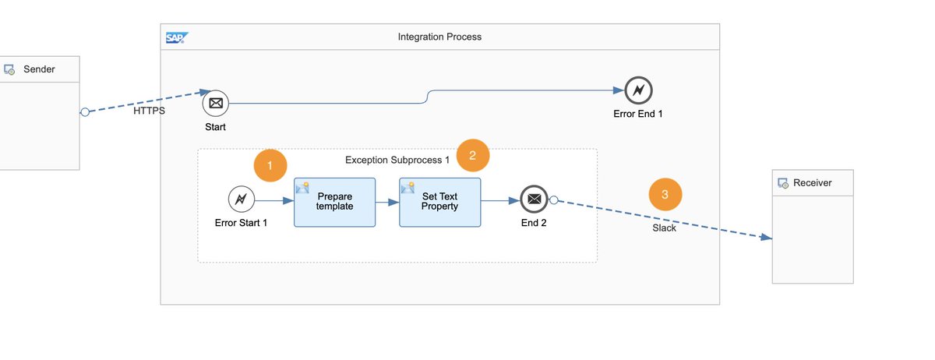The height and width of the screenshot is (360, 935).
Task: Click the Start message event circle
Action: pyautogui.click(x=216, y=103)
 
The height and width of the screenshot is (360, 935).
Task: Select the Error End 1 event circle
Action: pyautogui.click(x=638, y=90)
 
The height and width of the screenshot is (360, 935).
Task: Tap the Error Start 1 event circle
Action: pyautogui.click(x=242, y=199)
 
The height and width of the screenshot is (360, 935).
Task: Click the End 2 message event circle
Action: pyautogui.click(x=534, y=199)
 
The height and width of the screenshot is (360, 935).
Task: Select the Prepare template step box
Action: pyautogui.click(x=334, y=202)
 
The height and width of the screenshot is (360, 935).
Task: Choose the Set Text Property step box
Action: pyautogui.click(x=439, y=202)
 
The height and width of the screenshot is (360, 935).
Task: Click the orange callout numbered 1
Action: pyautogui.click(x=270, y=165)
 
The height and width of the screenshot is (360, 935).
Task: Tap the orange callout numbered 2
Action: pyautogui.click(x=472, y=155)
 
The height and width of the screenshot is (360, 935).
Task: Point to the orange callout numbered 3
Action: pyautogui.click(x=665, y=195)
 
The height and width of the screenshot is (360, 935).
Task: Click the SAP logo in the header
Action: pyautogui.click(x=177, y=37)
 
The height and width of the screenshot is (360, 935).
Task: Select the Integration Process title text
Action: pyautogui.click(x=439, y=37)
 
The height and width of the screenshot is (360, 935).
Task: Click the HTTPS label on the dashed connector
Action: pyautogui.click(x=149, y=111)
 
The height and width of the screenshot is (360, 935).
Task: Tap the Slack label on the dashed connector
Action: pyautogui.click(x=664, y=228)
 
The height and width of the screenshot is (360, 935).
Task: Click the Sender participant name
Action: pyautogui.click(x=39, y=69)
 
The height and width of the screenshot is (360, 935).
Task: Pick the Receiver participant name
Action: pyautogui.click(x=812, y=183)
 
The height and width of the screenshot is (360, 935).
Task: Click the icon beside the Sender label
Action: pyautogui.click(x=9, y=69)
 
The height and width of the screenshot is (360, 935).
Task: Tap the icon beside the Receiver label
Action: pyautogui.click(x=783, y=183)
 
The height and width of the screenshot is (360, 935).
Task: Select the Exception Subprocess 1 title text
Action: pyautogui.click(x=397, y=160)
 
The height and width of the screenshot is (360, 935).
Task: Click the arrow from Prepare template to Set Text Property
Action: pyautogui.click(x=387, y=202)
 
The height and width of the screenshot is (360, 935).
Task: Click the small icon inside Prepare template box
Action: pyautogui.click(x=302, y=187)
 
